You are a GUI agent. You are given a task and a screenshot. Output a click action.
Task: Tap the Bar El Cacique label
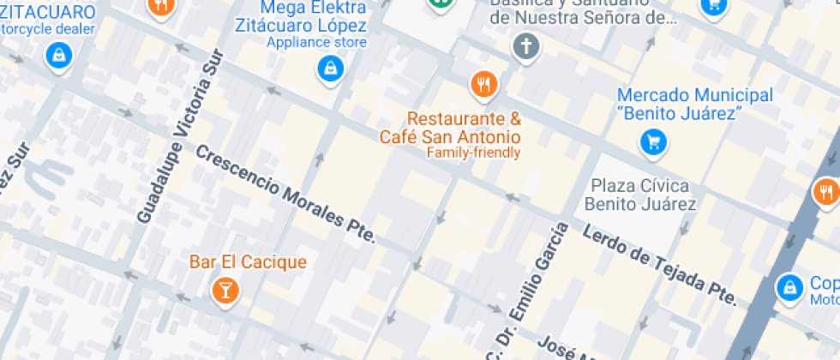pyautogui.click(x=248, y=261)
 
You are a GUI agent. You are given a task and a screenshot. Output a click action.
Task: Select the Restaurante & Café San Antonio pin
pyautogui.click(x=484, y=84)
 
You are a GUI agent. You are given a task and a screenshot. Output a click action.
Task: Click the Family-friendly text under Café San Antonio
pyautogui.click(x=473, y=153)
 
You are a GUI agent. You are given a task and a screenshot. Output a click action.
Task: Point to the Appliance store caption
pyautogui.click(x=316, y=42)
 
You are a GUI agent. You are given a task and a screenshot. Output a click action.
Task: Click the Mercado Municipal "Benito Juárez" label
pyautogui.click(x=694, y=104)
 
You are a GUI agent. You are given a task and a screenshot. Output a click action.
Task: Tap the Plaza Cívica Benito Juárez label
pyautogui.click(x=639, y=195)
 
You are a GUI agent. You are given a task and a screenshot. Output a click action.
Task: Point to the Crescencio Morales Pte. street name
pyautogui.click(x=285, y=194)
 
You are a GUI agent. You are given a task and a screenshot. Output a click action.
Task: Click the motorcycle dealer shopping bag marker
pyautogui.click(x=58, y=57)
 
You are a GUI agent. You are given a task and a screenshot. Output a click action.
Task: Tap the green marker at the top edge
pyautogui.click(x=441, y=3)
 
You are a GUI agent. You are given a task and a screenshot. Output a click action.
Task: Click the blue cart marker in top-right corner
pyautogui.click(x=713, y=6)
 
